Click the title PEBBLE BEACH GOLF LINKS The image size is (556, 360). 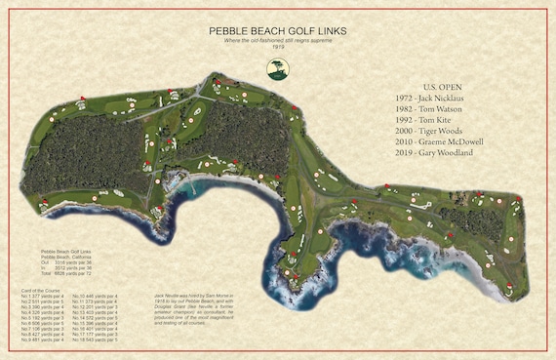[278, 31]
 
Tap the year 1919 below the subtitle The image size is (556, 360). [278, 47]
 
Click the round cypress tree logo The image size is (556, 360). [278, 68]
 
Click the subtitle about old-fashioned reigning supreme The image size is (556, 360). [278, 40]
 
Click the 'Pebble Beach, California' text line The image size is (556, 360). [56, 256]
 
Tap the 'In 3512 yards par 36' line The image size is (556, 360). [59, 269]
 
